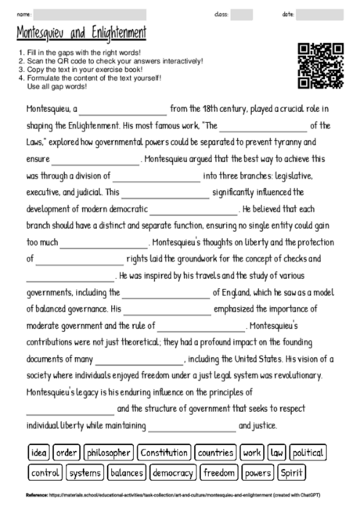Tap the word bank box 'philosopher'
point(109,453)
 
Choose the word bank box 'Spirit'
point(292,473)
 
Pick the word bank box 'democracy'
point(172,473)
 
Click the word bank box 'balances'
point(126,473)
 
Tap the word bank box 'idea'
point(39,453)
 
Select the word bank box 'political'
point(308,453)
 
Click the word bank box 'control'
point(45,473)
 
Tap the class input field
point(242,15)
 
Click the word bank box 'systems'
point(85,473)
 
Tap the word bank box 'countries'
point(215,453)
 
